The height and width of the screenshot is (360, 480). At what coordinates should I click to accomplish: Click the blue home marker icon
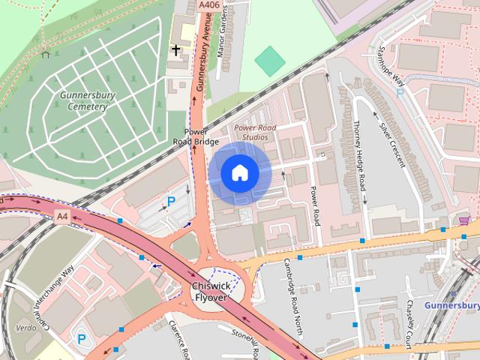pos(239,173)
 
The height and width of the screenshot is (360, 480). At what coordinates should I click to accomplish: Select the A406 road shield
pos(209,5)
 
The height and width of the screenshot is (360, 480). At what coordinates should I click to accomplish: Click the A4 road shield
pos(63,217)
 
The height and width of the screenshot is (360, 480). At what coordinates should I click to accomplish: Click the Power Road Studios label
pos(255,132)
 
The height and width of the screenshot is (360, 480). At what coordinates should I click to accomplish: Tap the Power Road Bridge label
pos(196,136)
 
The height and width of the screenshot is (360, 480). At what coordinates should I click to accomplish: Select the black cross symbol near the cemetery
pos(176,50)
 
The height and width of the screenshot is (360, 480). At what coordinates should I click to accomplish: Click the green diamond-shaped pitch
pos(270,61)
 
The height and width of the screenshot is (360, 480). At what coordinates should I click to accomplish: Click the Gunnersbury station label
pos(451,306)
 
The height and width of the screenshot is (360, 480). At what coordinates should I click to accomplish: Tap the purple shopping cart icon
pos(464,220)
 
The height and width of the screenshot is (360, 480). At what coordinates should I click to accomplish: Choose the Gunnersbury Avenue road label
pos(201,60)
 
